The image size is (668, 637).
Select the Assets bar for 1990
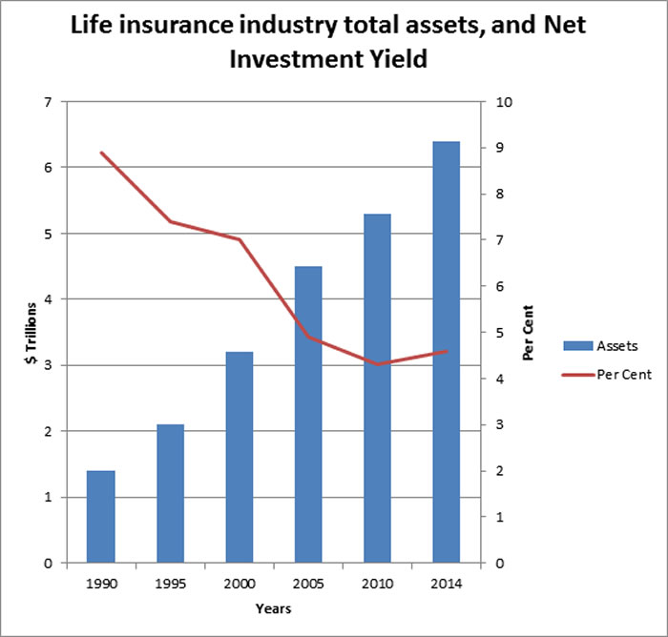(101, 516)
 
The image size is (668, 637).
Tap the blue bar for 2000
(240, 457)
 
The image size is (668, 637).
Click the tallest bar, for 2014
(447, 352)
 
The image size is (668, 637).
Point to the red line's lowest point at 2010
(378, 364)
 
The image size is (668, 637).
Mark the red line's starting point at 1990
(101, 153)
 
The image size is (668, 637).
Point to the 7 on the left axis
(49, 102)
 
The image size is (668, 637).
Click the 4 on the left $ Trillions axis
(49, 299)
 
